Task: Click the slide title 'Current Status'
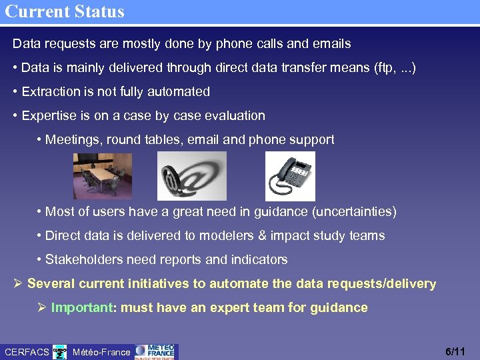click(x=64, y=11)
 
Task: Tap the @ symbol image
click(x=191, y=176)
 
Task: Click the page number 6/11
click(x=455, y=351)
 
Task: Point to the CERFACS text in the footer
click(x=27, y=351)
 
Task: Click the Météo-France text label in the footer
click(x=101, y=351)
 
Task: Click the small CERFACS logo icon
click(x=60, y=351)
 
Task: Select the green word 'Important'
click(x=80, y=307)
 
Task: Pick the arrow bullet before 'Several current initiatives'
click(x=18, y=283)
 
